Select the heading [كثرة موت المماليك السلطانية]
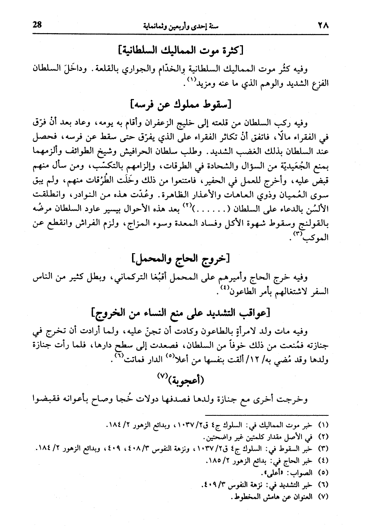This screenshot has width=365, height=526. coord(182,50)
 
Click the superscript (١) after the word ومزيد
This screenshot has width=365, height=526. coord(191,81)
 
